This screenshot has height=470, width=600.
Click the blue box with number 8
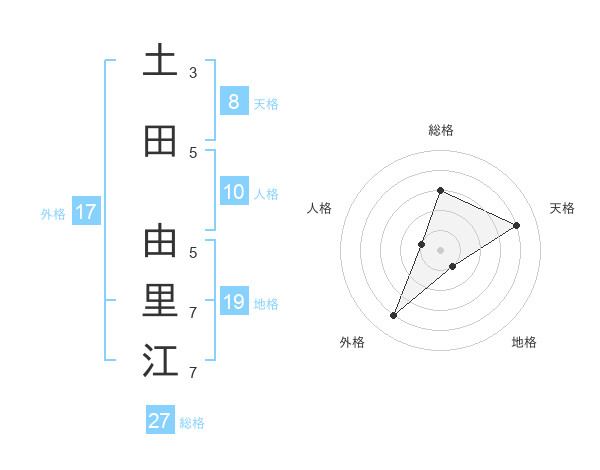pyautogui.click(x=233, y=102)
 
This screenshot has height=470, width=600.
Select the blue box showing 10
pyautogui.click(x=233, y=192)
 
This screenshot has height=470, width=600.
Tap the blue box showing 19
pyautogui.click(x=233, y=302)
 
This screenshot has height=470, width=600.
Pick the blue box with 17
pyautogui.click(x=85, y=212)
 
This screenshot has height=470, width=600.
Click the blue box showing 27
pyautogui.click(x=160, y=421)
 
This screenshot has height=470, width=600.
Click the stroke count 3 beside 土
pyautogui.click(x=193, y=73)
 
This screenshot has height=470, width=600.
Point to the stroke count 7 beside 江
pyautogui.click(x=193, y=373)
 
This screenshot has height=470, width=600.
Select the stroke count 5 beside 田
pyautogui.click(x=193, y=153)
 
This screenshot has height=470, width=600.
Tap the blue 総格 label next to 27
pyautogui.click(x=192, y=423)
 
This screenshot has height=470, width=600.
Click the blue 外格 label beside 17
pyautogui.click(x=53, y=214)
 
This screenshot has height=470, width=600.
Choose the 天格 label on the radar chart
pyautogui.click(x=562, y=208)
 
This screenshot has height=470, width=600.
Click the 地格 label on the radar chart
pyautogui.click(x=524, y=342)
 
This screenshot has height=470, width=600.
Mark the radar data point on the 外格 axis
pyautogui.click(x=393, y=316)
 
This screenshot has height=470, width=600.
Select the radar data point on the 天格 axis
pyautogui.click(x=517, y=225)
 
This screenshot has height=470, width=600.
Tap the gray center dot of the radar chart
pyautogui.click(x=440, y=249)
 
